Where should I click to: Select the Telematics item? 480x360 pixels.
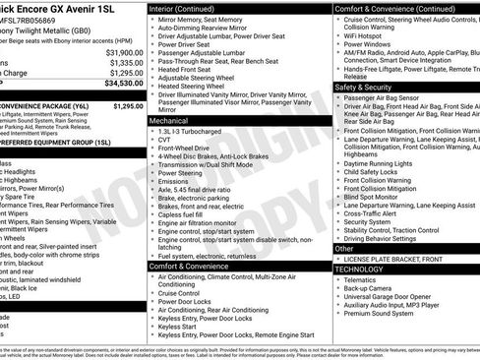[365, 278]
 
